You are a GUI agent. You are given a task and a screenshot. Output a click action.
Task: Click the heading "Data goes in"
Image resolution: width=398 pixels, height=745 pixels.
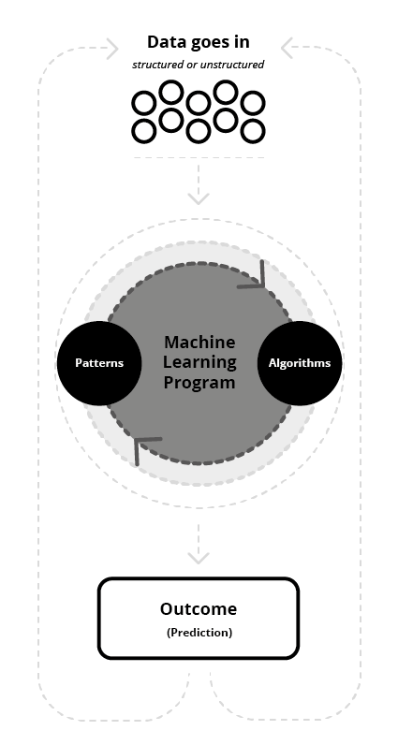(x=199, y=42)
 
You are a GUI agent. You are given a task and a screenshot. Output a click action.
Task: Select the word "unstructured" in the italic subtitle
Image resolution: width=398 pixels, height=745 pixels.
(x=231, y=65)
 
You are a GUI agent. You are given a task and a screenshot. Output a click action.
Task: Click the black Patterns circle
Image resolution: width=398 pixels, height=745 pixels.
(x=99, y=363)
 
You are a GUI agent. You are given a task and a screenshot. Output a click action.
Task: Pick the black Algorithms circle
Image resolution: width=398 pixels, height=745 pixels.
(x=300, y=363)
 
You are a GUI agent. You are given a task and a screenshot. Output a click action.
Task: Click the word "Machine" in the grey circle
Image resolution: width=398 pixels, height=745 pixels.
(x=199, y=343)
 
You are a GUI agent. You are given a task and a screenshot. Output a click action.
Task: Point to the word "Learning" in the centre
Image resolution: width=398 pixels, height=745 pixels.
(x=199, y=362)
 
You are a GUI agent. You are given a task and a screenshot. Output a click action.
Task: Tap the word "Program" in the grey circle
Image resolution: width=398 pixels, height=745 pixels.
(x=199, y=383)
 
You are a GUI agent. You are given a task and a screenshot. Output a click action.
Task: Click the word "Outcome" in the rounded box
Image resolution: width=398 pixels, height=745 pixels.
(x=199, y=608)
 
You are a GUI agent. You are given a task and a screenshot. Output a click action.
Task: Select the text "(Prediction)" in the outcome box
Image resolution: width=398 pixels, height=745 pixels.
(x=199, y=633)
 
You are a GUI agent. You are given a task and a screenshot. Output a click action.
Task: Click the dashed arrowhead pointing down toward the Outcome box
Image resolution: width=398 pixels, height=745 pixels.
(x=199, y=558)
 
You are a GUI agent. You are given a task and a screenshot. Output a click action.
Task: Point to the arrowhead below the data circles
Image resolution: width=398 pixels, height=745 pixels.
(x=199, y=198)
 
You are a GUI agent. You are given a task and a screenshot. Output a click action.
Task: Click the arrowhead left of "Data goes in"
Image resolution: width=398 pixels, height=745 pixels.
(x=112, y=48)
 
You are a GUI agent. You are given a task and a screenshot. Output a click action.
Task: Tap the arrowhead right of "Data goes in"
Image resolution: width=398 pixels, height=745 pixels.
(x=287, y=48)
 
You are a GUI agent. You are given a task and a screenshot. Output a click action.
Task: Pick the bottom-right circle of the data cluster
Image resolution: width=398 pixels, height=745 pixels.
(x=253, y=131)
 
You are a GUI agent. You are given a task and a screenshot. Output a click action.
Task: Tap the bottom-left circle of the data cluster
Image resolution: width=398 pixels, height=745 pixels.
(x=143, y=131)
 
